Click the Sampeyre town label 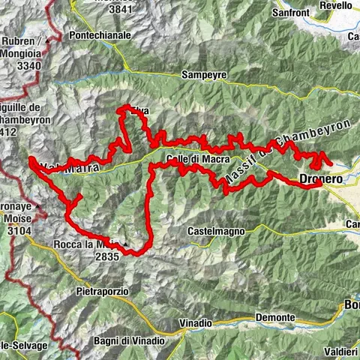point(204,75)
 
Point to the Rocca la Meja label point(85,244)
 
